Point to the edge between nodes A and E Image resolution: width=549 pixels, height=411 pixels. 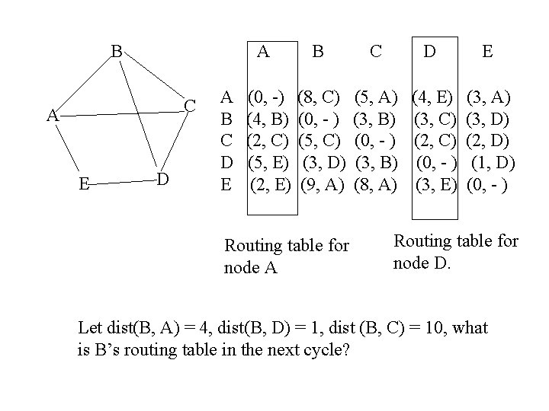coord(66,149)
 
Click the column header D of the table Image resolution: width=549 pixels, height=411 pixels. coord(430,52)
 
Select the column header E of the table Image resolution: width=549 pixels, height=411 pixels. coord(487,52)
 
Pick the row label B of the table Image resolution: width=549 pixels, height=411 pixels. coord(226,119)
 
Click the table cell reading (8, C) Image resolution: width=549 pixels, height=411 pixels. coord(320,97)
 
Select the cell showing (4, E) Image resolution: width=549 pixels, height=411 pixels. coord(433,97)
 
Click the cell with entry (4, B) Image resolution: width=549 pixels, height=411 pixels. coord(268,119)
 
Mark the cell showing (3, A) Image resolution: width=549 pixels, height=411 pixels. coord(488,97)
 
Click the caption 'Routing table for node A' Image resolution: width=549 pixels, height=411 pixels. coord(287,257)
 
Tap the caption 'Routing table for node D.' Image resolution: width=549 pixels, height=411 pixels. coord(455,252)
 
